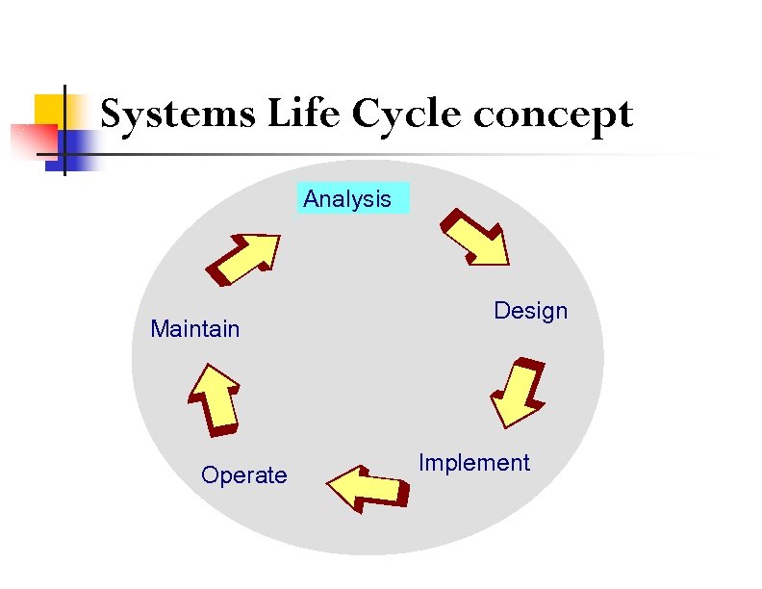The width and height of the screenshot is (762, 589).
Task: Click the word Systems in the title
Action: [179, 115]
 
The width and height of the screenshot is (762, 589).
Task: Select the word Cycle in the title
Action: [409, 115]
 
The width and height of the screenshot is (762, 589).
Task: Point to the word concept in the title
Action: [553, 115]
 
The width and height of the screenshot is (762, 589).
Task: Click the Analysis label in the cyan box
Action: [347, 199]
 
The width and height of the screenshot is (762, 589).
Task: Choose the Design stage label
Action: [530, 311]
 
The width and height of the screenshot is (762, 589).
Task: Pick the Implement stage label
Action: [473, 463]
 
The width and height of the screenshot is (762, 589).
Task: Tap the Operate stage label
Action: [243, 475]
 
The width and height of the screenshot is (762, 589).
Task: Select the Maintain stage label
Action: [195, 329]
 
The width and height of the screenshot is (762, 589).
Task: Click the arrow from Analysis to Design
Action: [474, 236]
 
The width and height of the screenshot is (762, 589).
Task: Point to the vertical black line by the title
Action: [64, 130]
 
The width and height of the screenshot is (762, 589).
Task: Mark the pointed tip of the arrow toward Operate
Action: [330, 485]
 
